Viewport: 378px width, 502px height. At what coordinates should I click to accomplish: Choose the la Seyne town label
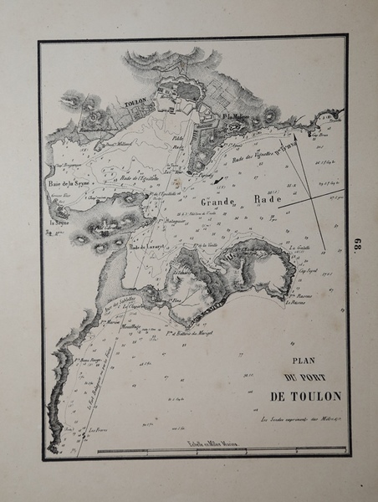pyautogui.click(x=59, y=223)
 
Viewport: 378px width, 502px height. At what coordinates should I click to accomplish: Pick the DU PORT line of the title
pyautogui.click(x=300, y=379)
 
